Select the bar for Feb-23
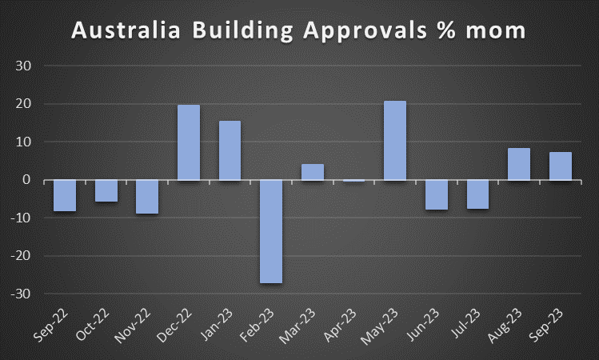coord(271,231)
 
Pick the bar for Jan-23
coord(230,150)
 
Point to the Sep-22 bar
coord(65,195)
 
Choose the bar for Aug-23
coord(519,164)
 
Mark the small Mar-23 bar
coord(313,172)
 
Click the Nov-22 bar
coord(147,197)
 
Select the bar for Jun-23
coord(437,194)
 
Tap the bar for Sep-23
coord(560,166)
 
